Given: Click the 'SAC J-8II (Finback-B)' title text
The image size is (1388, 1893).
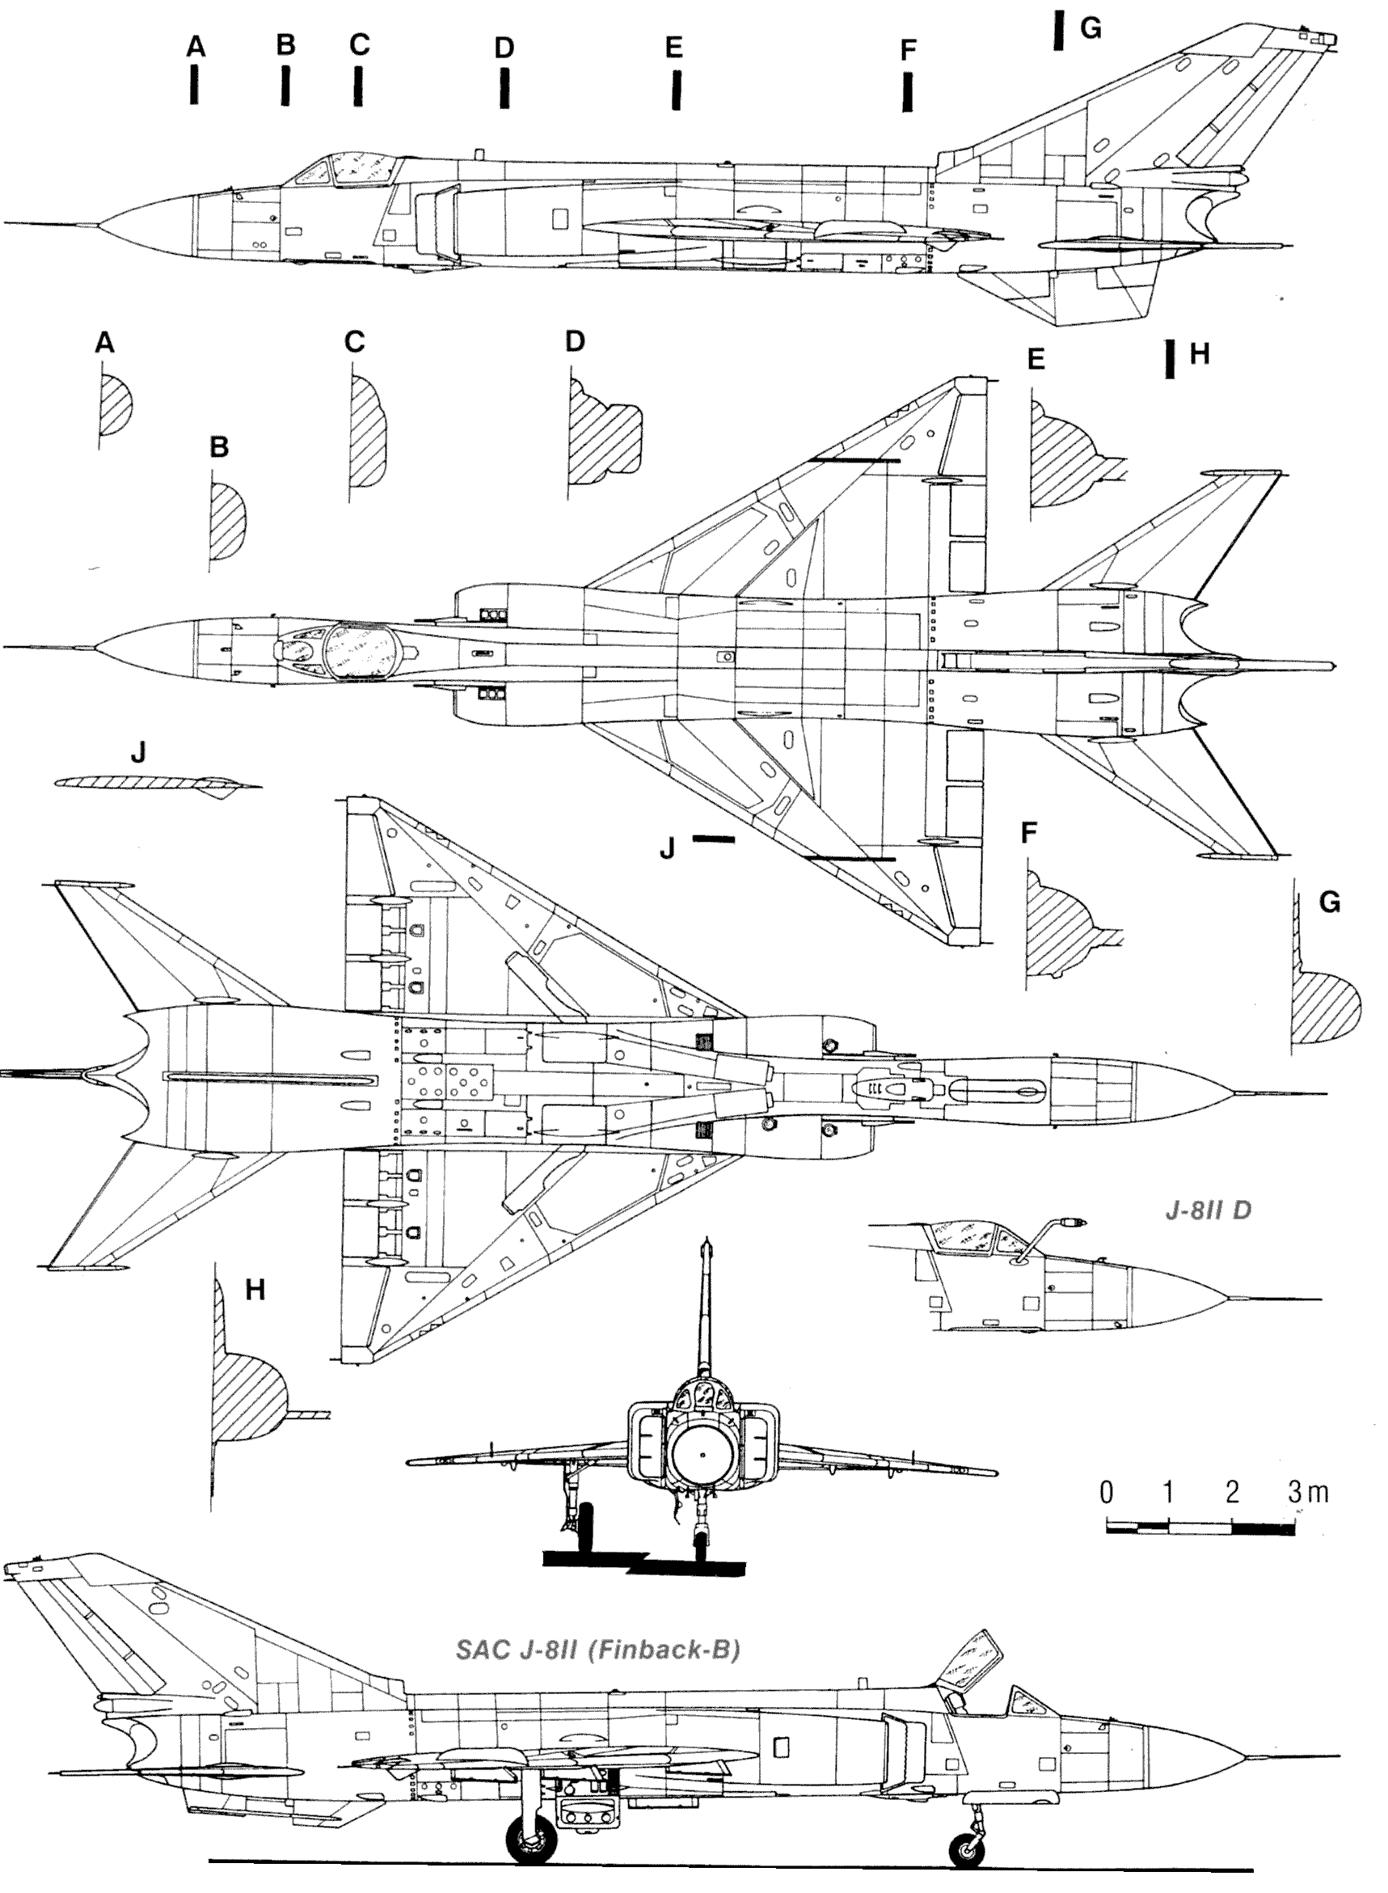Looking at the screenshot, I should coord(597,1650).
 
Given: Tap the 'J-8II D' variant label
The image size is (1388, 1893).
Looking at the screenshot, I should coord(1208,1210).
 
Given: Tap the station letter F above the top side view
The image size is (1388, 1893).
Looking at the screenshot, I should coord(907,50).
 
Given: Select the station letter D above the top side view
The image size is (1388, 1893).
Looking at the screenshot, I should coord(504,48).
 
